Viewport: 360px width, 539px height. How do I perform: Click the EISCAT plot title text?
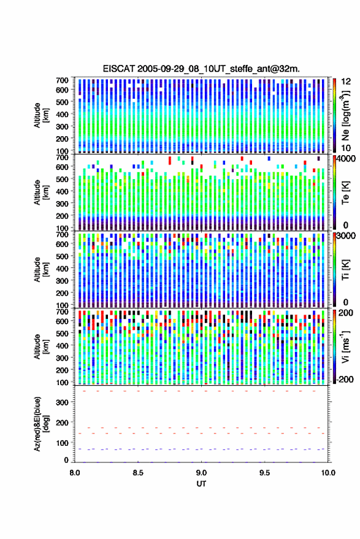[201, 69]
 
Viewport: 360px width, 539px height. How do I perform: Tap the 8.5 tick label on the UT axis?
[138, 473]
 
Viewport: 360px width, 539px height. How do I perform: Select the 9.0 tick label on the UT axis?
[202, 473]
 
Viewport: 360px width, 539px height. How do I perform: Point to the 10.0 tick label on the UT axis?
[328, 473]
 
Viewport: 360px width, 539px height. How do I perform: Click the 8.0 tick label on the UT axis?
[75, 473]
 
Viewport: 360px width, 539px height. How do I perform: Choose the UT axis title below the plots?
[201, 484]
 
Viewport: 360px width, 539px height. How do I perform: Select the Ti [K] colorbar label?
[345, 270]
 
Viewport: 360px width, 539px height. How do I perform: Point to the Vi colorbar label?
[345, 346]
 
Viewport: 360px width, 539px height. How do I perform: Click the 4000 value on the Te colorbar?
[347, 158]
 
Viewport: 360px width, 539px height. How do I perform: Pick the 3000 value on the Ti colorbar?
[347, 235]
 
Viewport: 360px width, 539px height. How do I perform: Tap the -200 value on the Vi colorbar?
[345, 379]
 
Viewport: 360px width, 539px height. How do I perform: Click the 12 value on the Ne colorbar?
[346, 82]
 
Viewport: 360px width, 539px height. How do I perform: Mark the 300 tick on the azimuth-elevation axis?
[63, 402]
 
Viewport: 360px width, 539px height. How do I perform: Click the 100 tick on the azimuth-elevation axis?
[63, 443]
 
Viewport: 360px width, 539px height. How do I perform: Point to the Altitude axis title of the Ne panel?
[41, 115]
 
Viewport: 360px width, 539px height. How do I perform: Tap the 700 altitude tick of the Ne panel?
[62, 80]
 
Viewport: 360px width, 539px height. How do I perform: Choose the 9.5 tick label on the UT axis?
[265, 473]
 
